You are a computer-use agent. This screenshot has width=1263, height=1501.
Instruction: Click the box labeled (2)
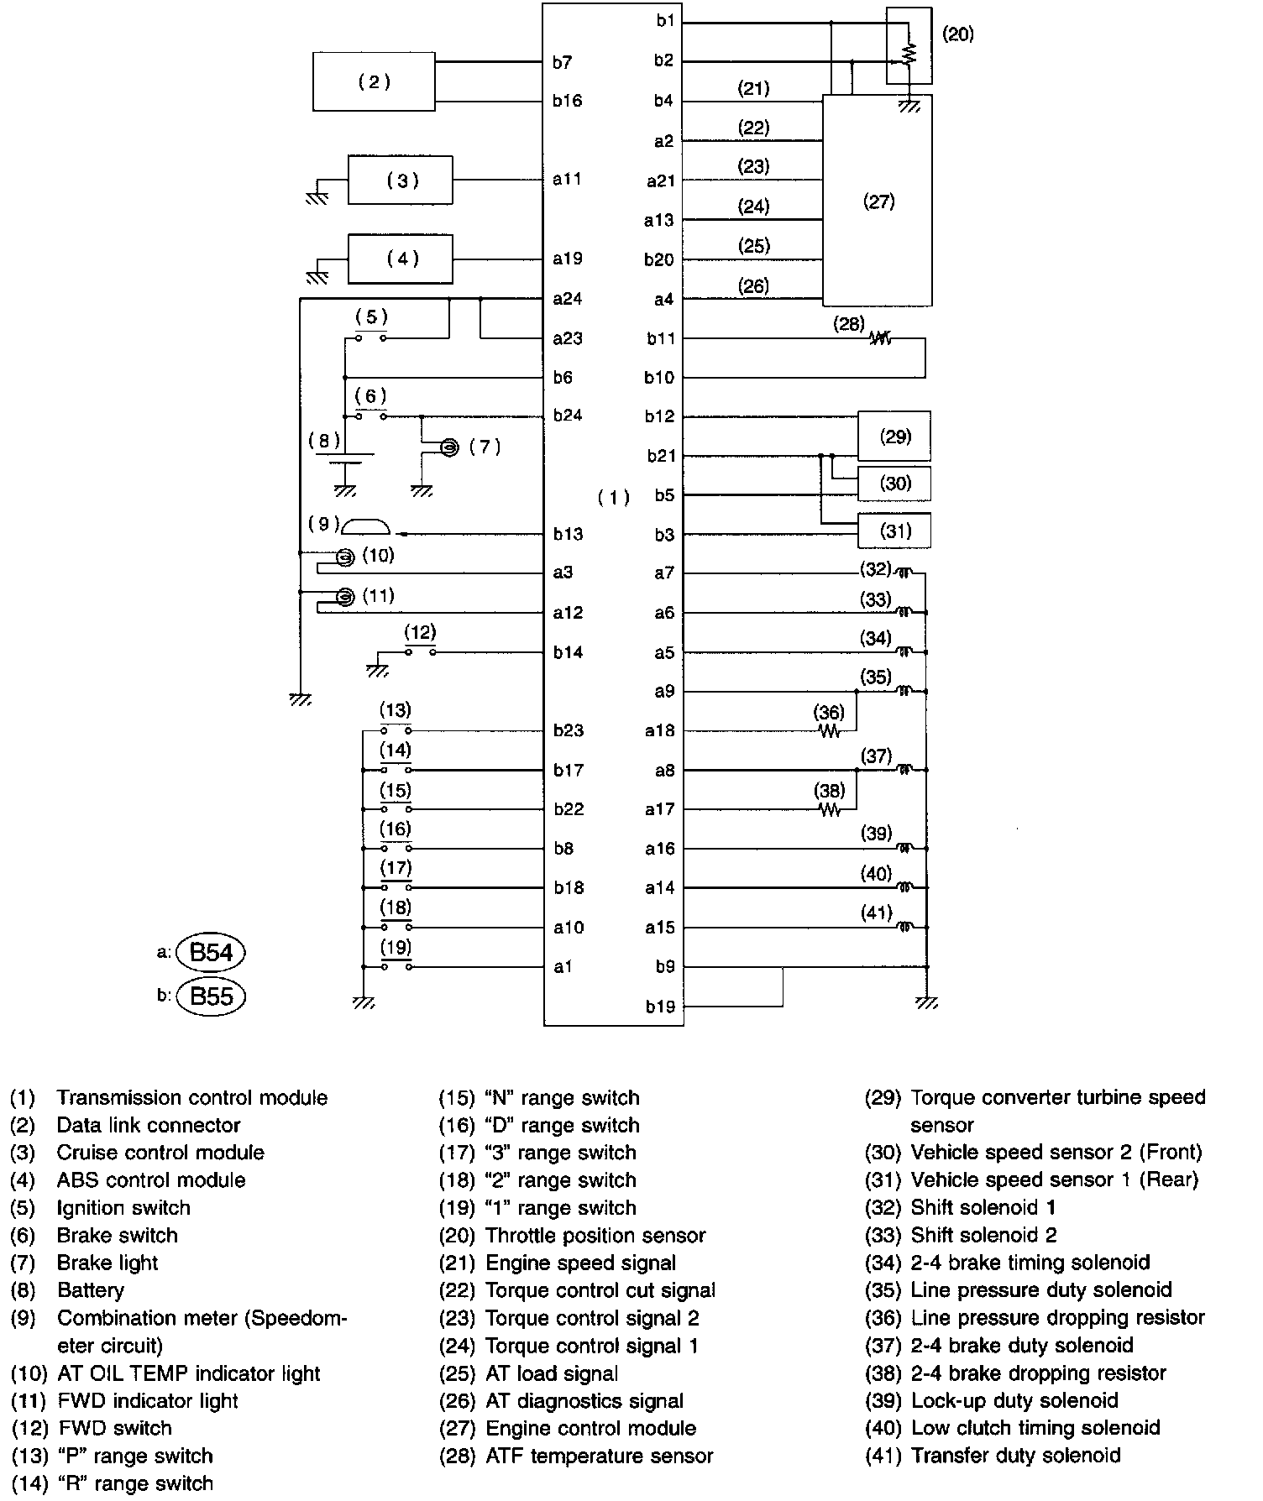(x=374, y=81)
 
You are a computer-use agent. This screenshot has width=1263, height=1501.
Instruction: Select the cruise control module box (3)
(x=401, y=180)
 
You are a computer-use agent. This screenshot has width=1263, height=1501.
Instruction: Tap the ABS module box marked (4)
(x=401, y=259)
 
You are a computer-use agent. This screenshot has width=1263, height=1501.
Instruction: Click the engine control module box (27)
(x=877, y=201)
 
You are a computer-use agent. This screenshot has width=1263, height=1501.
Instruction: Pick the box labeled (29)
(x=894, y=437)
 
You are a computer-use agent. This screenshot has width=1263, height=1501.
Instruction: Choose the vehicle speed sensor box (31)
(x=894, y=531)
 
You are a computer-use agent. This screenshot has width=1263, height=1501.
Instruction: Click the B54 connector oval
(x=211, y=952)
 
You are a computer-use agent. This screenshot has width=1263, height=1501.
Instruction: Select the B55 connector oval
(x=211, y=996)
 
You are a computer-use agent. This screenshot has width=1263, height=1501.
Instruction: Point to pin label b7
(x=563, y=62)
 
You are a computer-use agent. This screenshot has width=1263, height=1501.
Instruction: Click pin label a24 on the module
(x=567, y=299)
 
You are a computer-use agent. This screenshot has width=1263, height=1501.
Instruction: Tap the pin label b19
(x=660, y=1007)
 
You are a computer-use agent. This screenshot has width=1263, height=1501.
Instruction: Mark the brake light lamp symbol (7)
(x=449, y=447)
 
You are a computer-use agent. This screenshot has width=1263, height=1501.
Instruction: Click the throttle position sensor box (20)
(x=909, y=46)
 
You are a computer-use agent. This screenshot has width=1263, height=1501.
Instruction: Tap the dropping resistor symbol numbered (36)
(x=830, y=731)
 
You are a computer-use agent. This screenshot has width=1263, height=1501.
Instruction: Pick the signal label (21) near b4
(x=753, y=88)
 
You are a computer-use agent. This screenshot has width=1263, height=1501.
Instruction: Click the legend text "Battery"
(x=90, y=1290)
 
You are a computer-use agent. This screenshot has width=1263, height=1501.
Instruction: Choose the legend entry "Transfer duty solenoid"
(x=1015, y=1455)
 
